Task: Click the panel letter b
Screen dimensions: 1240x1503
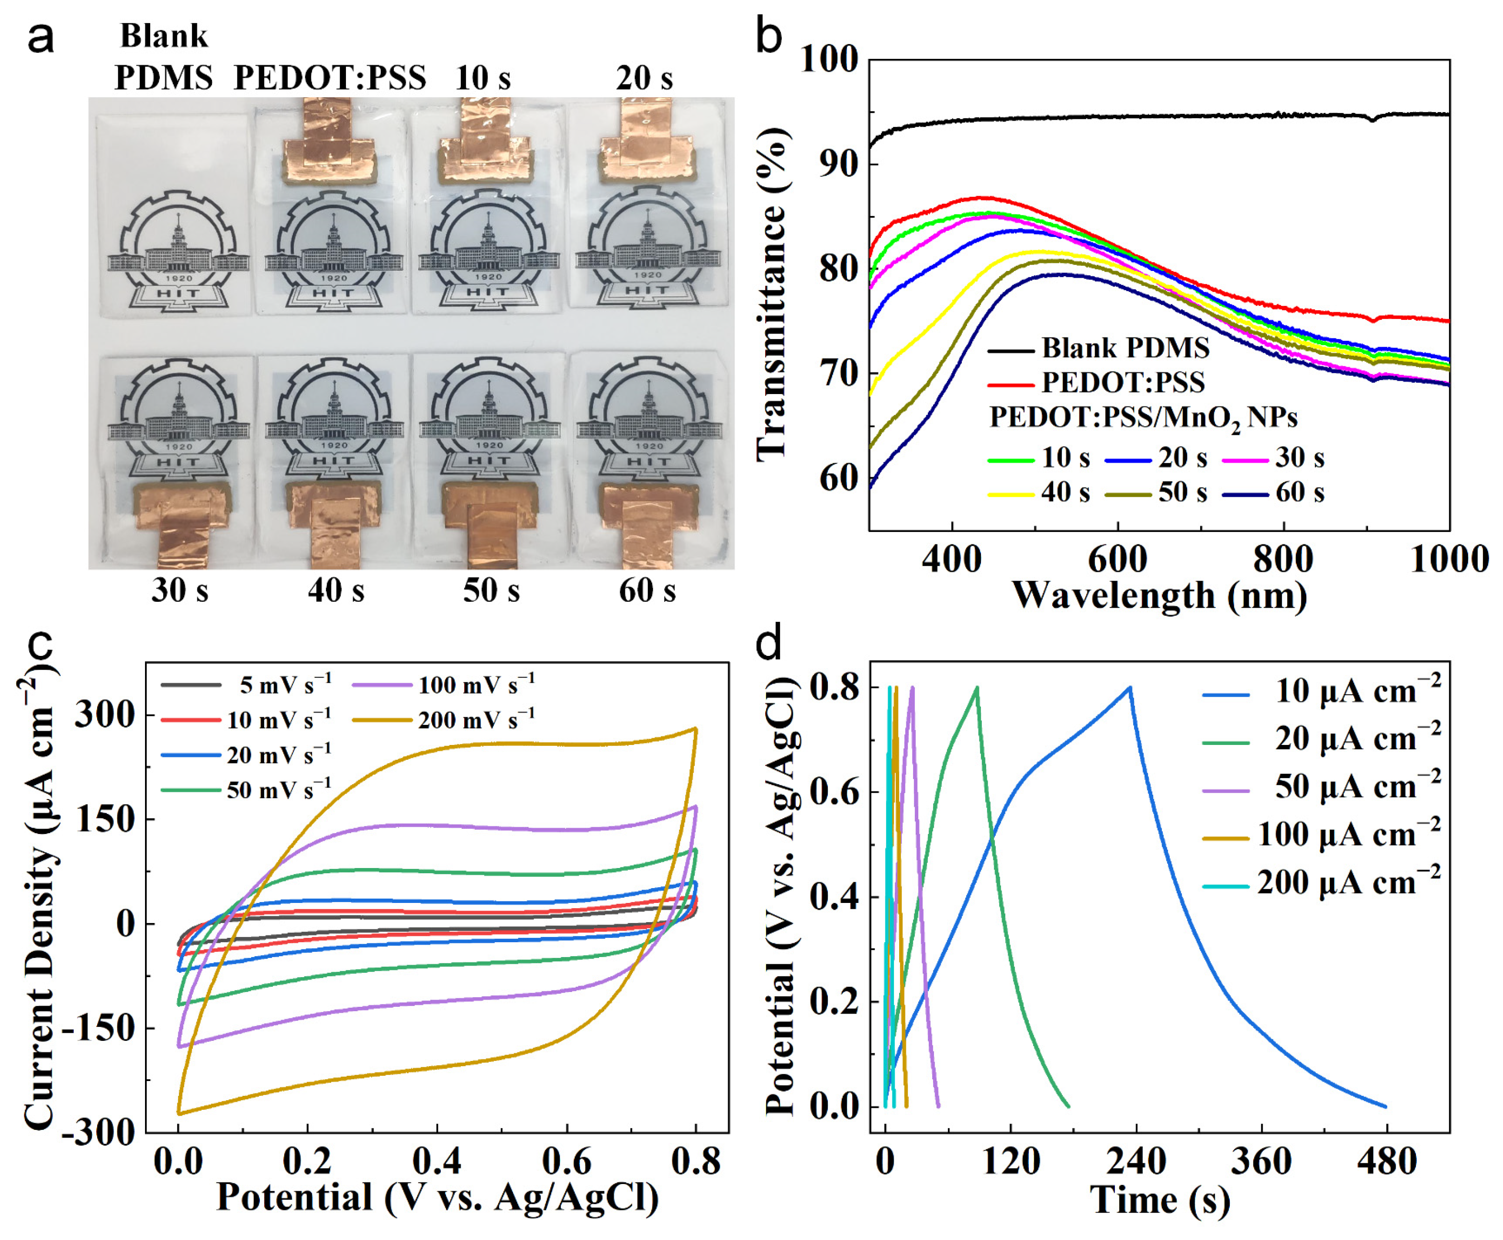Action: coord(768,37)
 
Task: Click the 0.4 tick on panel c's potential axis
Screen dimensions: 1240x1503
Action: coord(436,1162)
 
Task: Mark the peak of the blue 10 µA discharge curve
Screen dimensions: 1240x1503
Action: coord(1130,687)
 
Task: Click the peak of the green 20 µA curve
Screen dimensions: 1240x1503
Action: coord(977,687)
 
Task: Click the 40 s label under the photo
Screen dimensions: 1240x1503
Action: coord(335,591)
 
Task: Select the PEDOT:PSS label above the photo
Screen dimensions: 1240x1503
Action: coord(330,77)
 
